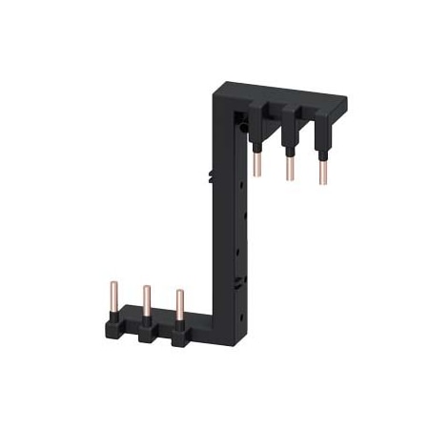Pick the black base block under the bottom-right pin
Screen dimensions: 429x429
coord(179,336)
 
